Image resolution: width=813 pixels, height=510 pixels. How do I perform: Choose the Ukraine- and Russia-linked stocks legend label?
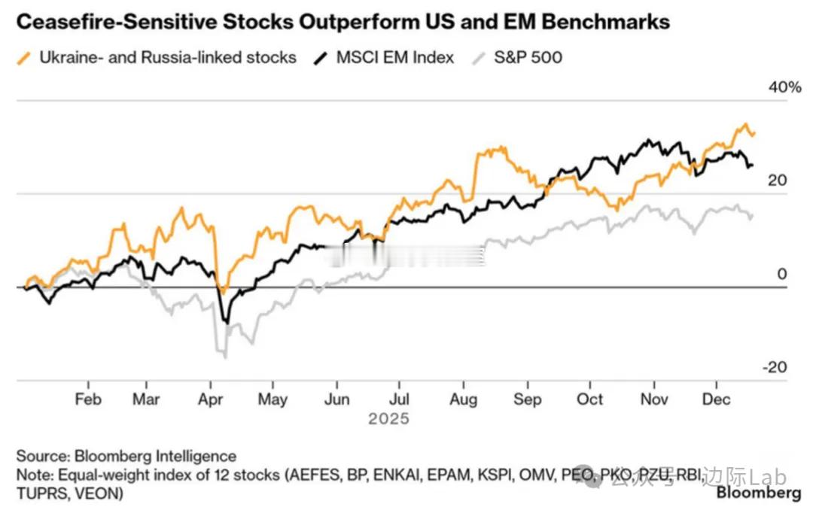tap(168, 57)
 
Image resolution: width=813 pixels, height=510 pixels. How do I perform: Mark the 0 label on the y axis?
tap(782, 275)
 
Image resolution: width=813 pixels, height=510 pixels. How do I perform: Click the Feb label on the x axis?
tap(88, 399)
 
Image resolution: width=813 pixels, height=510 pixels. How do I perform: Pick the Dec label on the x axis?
tap(716, 399)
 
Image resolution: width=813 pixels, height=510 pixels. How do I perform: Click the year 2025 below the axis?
tap(389, 418)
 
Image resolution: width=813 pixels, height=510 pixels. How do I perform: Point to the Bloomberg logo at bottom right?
tap(758, 493)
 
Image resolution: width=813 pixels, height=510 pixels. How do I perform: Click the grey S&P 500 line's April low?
tap(224, 355)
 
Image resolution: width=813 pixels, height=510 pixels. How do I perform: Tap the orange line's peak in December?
tap(746, 125)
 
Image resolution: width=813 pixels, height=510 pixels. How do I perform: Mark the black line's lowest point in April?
tap(224, 322)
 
